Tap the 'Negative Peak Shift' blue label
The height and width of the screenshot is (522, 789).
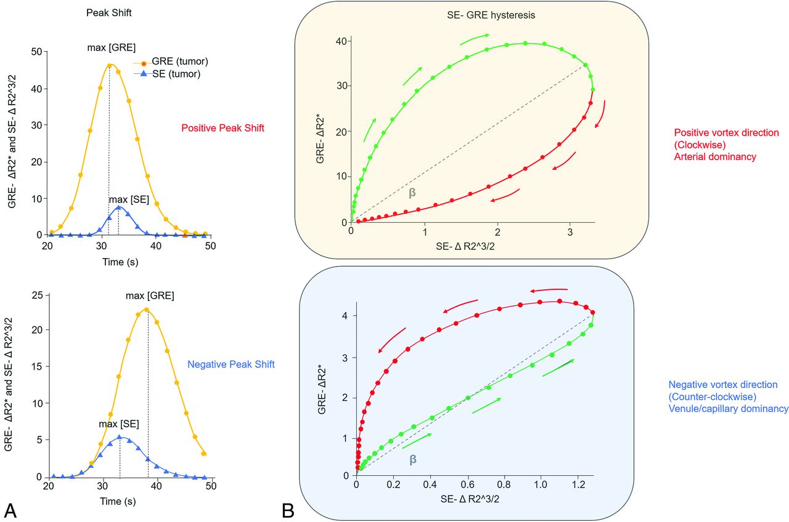coord(231,364)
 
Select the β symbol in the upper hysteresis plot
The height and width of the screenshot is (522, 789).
coord(412,192)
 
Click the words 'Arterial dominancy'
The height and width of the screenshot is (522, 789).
coord(715,157)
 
